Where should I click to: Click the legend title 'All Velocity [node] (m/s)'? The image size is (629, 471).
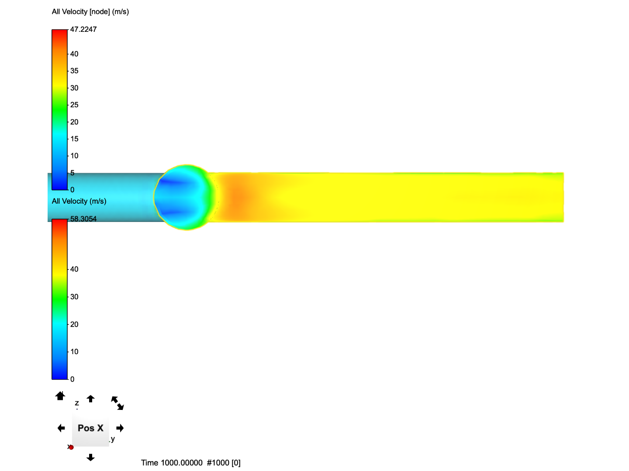(90, 12)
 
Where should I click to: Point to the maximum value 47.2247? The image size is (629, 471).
(83, 30)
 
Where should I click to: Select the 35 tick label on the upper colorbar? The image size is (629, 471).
(74, 71)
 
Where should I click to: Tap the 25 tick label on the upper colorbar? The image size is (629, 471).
(74, 105)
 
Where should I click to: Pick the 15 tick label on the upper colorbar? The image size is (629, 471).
(74, 139)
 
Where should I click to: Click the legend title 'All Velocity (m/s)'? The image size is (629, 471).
(79, 201)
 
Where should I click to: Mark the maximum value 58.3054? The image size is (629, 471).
(83, 219)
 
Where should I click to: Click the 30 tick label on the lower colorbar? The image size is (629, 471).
(74, 297)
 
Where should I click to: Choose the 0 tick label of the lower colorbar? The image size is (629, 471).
(72, 379)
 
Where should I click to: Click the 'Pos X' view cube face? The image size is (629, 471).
(90, 428)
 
